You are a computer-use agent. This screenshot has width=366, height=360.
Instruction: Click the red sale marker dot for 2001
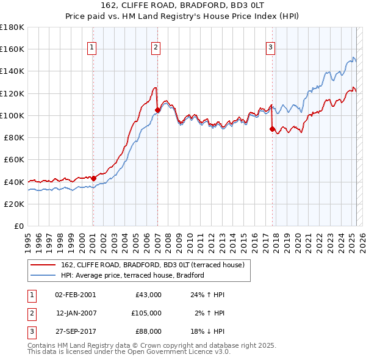(94, 178)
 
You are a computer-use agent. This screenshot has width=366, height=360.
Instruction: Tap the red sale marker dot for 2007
(157, 110)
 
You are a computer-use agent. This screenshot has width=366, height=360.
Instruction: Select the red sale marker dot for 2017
(272, 128)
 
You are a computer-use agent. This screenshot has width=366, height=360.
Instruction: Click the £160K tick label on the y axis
(12, 49)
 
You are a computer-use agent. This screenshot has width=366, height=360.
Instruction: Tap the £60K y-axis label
(14, 159)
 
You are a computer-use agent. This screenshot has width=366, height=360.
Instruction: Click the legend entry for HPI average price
(132, 275)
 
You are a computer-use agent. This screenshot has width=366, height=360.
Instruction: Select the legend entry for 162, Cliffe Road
(152, 265)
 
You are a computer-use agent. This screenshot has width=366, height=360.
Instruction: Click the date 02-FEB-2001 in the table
(75, 295)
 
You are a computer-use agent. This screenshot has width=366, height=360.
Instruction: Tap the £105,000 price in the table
(146, 313)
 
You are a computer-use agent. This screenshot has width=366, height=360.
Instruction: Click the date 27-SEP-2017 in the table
(75, 331)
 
